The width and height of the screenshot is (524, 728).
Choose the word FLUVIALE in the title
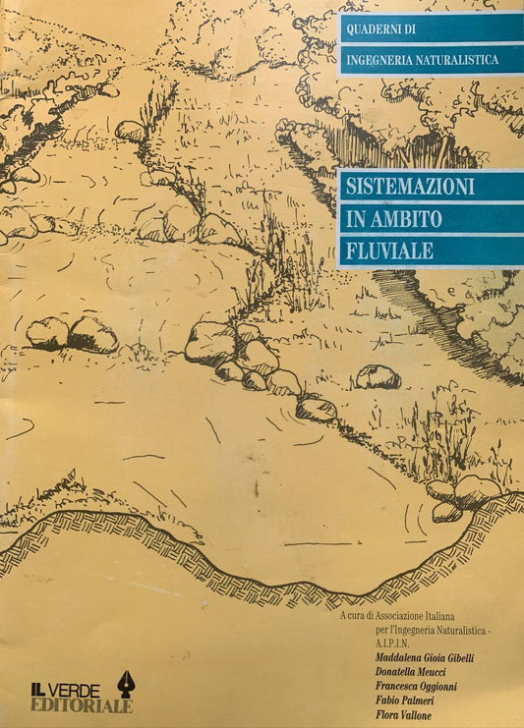tap(389, 251)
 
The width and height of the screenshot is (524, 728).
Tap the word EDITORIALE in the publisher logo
tap(81, 704)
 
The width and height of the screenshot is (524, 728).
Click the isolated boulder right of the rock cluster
tap(378, 376)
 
